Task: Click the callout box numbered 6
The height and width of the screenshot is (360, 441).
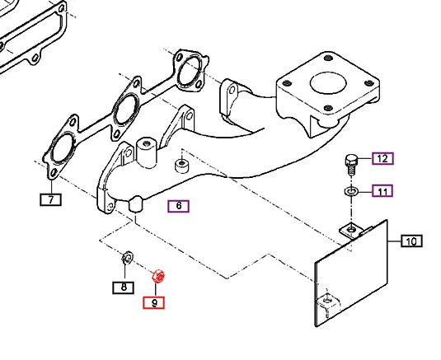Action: pos(178,207)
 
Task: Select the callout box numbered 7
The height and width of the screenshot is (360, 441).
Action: pos(51,199)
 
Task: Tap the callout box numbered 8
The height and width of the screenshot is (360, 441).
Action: pos(123,288)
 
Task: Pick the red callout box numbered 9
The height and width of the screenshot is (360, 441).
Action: pos(153,302)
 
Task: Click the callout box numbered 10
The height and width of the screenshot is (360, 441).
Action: pos(411,241)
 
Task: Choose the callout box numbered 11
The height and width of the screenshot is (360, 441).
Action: pos(382,192)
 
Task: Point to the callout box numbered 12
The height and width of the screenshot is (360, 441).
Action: pos(382,158)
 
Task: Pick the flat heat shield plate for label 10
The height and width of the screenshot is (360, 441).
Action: pos(354,272)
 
